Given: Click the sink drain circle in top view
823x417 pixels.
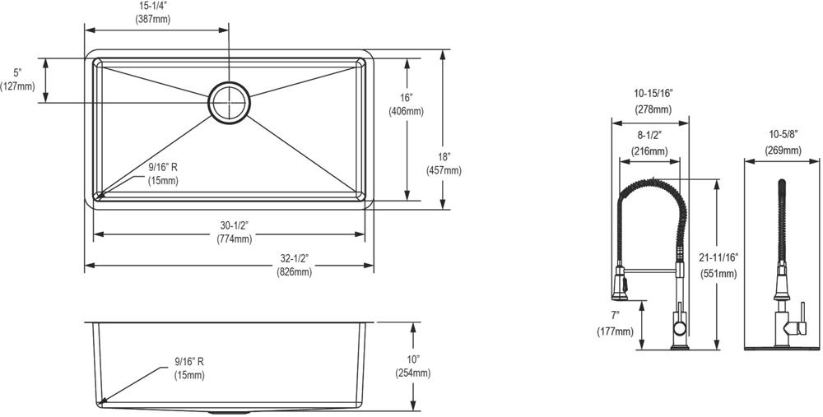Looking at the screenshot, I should point(229,102).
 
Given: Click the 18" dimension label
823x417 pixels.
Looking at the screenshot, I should point(444,156).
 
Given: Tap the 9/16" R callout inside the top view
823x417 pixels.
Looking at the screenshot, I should point(163,167).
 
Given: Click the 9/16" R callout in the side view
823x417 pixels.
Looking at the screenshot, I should point(189,361).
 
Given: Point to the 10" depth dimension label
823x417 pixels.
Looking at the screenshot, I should point(412,359).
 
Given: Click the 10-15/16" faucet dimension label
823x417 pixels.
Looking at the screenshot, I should point(652,95).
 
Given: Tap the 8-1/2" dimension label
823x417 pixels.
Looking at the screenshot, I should point(650,137).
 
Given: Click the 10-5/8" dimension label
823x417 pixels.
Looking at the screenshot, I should point(783,137).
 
